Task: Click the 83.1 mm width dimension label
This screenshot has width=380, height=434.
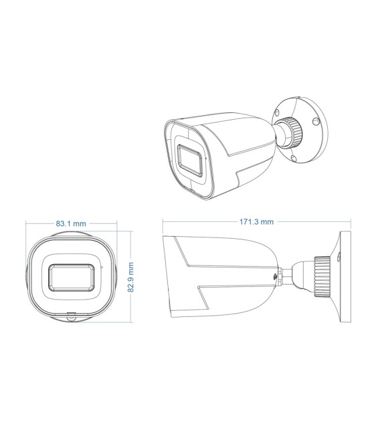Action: (71, 223)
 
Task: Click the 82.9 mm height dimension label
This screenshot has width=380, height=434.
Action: (131, 276)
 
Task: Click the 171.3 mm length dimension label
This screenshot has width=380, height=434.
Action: (257, 221)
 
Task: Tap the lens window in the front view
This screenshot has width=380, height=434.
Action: (70, 277)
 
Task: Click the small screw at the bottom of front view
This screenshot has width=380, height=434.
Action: (71, 318)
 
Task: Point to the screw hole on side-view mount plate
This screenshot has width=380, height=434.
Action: (339, 257)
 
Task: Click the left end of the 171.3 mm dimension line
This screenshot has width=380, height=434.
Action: (163, 221)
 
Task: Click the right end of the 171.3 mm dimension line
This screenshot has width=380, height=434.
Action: (351, 221)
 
